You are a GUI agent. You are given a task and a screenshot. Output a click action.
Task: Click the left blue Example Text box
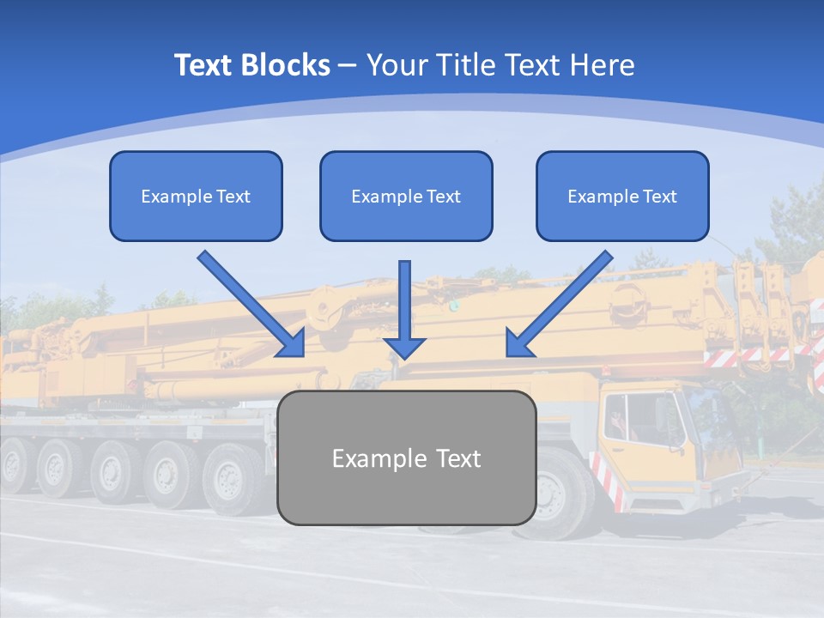(196, 196)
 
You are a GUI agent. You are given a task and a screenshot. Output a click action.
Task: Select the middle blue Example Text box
(406, 196)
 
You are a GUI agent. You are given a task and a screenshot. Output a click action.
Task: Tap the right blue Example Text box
(622, 196)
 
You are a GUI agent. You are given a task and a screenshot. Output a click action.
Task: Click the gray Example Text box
(406, 457)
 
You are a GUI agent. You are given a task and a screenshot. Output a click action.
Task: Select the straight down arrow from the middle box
(404, 309)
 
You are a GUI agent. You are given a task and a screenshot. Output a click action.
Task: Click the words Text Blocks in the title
(251, 65)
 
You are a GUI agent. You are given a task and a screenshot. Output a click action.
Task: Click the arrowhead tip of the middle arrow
(404, 357)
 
